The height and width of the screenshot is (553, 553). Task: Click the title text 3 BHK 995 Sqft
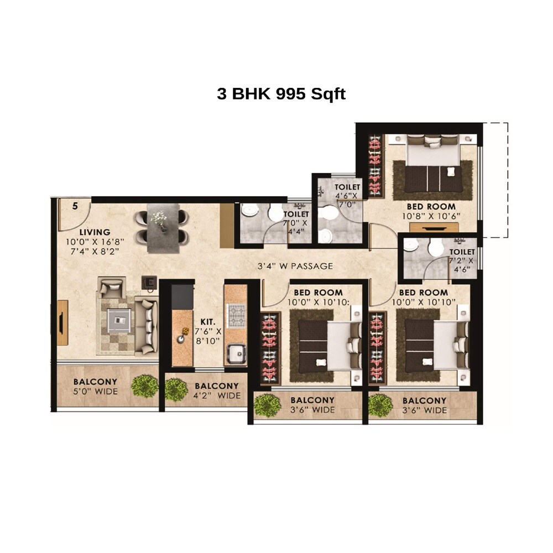click(x=281, y=93)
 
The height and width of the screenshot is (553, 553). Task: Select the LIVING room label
click(x=94, y=232)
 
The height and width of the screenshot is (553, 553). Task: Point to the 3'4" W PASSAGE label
click(x=295, y=266)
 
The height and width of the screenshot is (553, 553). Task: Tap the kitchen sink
click(x=237, y=352)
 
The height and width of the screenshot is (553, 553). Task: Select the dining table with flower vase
click(x=163, y=227)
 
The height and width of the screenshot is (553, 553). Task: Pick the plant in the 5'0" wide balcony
click(x=145, y=385)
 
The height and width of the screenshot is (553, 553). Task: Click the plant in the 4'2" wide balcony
click(x=176, y=389)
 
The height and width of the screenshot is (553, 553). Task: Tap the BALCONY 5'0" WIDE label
click(x=95, y=387)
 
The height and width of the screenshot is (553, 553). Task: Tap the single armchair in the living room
click(x=111, y=288)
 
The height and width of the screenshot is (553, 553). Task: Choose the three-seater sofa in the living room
click(x=147, y=325)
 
